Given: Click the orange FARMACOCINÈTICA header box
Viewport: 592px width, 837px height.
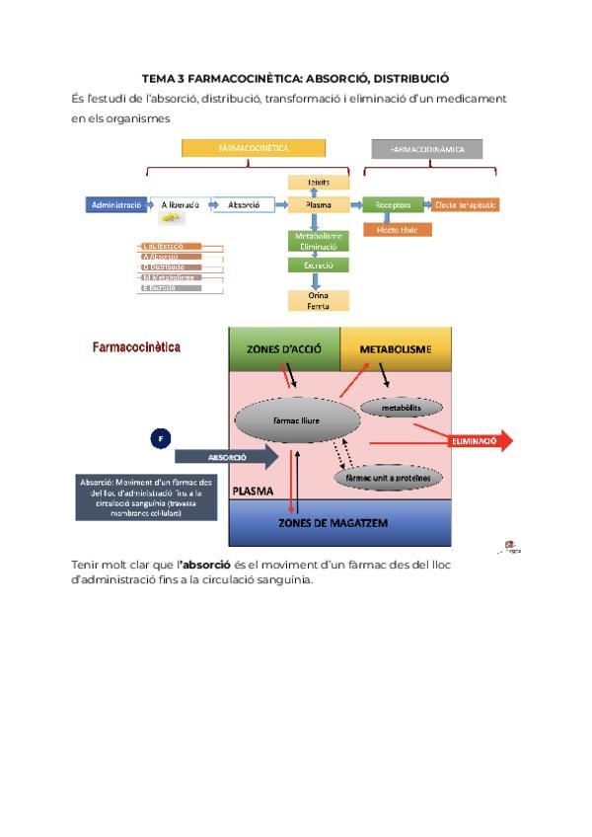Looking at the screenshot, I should [254, 148].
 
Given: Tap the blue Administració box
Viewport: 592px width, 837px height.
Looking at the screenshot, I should [115, 205].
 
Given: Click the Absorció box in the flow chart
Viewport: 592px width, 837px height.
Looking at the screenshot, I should [243, 205].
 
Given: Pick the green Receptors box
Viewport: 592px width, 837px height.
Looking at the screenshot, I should [392, 205].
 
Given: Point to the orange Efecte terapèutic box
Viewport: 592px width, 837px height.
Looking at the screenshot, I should [465, 205].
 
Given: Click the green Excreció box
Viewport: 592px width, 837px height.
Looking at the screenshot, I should [318, 266].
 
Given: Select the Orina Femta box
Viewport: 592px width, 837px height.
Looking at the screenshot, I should [318, 301].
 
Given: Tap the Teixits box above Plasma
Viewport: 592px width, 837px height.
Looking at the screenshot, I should [318, 183].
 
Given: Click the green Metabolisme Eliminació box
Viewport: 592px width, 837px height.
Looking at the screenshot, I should [318, 240].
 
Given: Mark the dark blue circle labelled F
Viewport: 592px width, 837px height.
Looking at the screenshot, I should [161, 437].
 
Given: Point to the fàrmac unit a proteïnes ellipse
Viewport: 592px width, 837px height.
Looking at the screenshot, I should [389, 477].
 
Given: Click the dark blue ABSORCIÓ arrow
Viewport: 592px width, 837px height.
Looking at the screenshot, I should [226, 457].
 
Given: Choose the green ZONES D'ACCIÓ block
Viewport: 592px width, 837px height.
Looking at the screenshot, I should [284, 349].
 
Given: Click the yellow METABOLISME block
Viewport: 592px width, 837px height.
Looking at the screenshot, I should [396, 349].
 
